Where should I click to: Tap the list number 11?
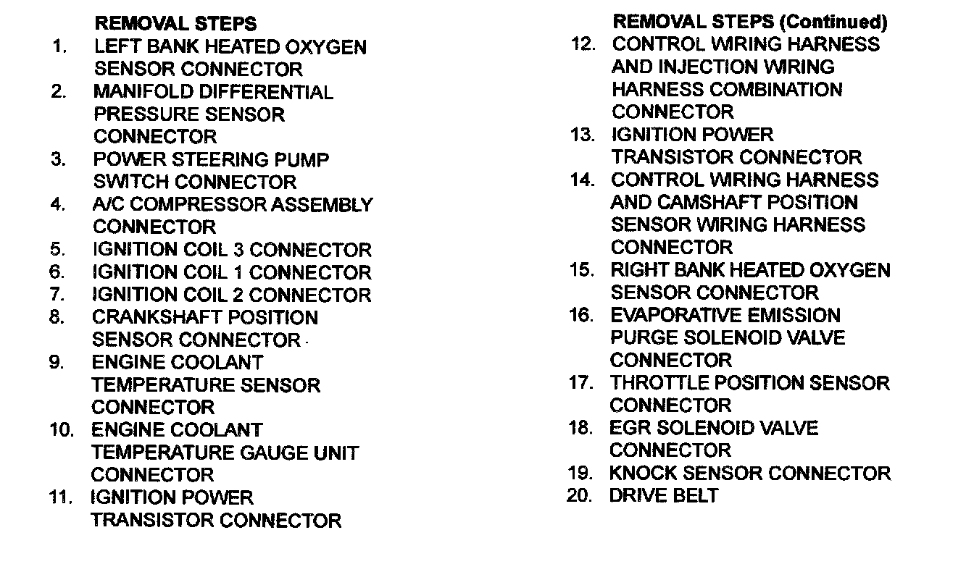point(61,498)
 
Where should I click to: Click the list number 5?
point(58,250)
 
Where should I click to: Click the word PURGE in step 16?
point(644,338)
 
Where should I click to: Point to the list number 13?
point(582,135)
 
